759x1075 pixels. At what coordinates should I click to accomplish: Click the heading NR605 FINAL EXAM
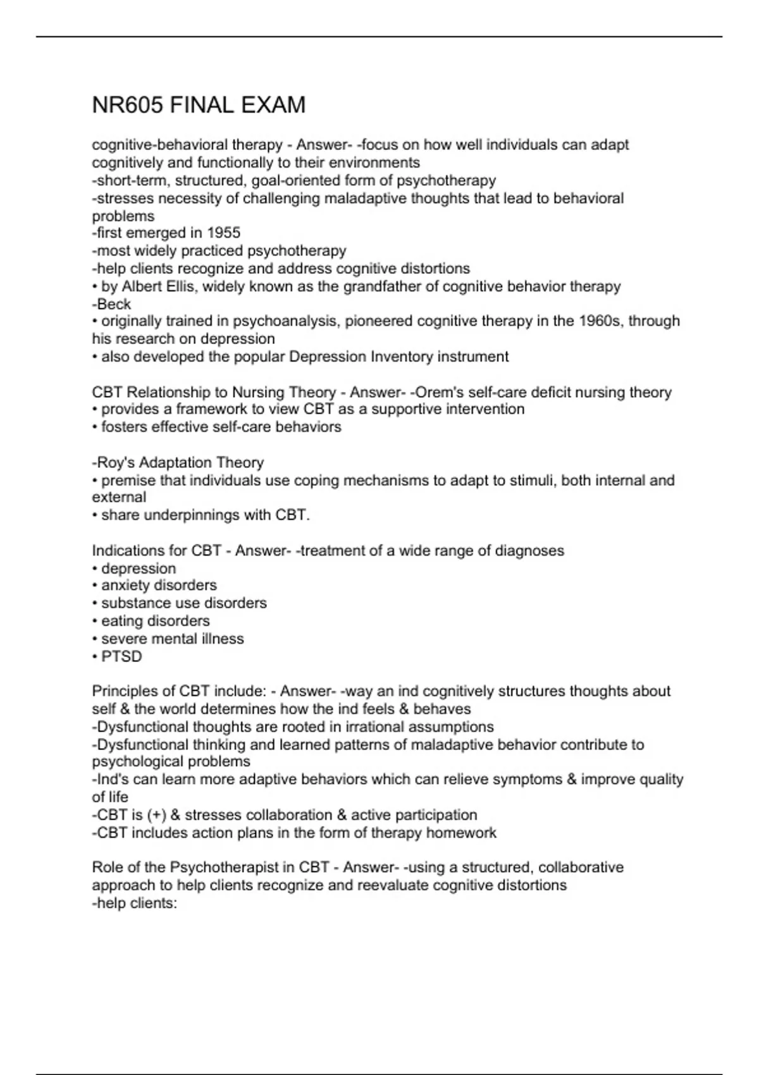pyautogui.click(x=199, y=105)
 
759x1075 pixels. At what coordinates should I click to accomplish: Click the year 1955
pyautogui.click(x=224, y=233)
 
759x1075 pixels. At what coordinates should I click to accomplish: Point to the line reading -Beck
pyautogui.click(x=111, y=304)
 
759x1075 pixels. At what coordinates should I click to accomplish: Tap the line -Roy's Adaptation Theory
pyautogui.click(x=178, y=462)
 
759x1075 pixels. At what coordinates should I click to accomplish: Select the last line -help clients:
pyautogui.click(x=135, y=903)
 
